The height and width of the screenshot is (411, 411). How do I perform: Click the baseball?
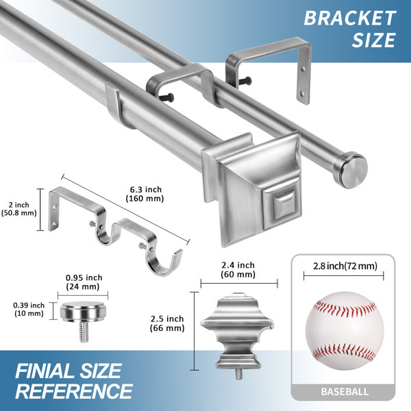click(345, 331)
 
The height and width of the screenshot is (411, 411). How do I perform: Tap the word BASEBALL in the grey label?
click(345, 392)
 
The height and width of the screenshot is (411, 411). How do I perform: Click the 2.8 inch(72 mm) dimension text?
click(345, 266)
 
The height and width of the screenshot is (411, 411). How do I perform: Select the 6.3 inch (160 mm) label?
click(145, 194)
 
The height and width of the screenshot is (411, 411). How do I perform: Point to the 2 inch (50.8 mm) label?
click(19, 209)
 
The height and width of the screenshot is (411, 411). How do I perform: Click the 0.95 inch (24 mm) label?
click(84, 282)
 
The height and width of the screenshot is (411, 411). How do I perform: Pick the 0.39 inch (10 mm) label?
click(29, 310)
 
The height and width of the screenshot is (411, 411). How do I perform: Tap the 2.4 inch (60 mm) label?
click(238, 270)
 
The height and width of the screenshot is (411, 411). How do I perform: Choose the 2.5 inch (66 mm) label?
click(167, 323)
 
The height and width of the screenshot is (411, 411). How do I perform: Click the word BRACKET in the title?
click(349, 18)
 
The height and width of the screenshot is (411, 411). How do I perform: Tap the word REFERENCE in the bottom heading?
click(74, 391)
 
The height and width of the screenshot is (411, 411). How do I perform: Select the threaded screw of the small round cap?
click(84, 332)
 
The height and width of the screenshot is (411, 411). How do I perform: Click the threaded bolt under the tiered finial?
click(238, 374)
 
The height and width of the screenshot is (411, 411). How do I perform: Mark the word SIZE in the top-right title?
click(373, 40)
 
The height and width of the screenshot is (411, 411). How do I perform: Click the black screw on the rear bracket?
click(245, 81)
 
